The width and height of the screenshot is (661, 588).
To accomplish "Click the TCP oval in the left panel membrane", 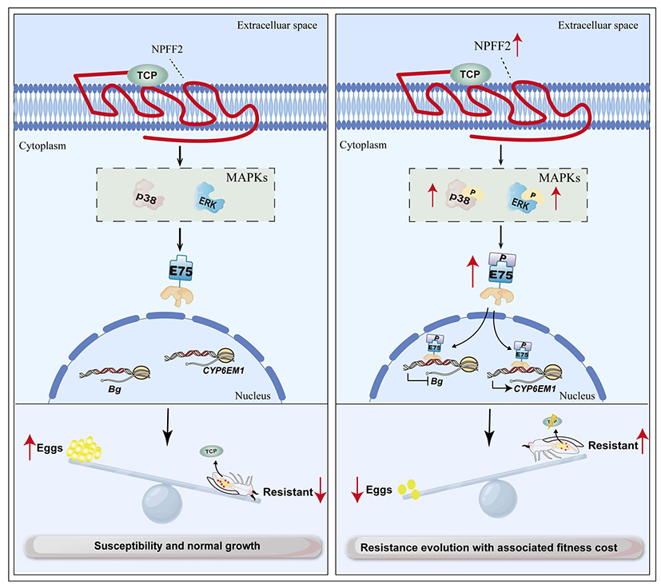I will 147,75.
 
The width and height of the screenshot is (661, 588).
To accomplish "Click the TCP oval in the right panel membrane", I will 472,74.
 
